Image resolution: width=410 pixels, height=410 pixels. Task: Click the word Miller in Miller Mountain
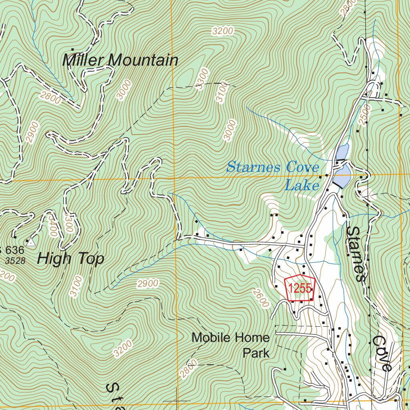(83, 60)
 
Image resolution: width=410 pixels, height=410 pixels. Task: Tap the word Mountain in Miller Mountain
(144, 60)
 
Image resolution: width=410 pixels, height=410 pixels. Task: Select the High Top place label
(70, 259)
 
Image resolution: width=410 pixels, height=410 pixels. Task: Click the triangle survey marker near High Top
(30, 242)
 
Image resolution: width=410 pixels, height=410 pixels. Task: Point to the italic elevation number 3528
(16, 261)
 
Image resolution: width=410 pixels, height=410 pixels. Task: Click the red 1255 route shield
(300, 288)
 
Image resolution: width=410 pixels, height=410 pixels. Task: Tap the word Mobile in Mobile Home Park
(211, 338)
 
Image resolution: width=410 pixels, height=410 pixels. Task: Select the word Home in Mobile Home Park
(251, 338)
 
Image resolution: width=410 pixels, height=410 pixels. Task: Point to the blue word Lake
(301, 185)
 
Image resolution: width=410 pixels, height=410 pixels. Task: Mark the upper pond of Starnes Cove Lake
(342, 152)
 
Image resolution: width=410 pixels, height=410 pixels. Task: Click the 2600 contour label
(260, 298)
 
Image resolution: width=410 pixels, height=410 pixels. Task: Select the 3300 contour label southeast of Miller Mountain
(203, 79)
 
